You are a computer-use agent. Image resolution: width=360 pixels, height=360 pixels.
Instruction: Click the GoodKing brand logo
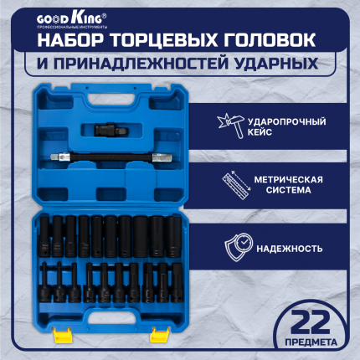72,20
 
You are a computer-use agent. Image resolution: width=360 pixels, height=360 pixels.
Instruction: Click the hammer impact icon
230,126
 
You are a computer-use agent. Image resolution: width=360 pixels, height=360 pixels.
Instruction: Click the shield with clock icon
239,247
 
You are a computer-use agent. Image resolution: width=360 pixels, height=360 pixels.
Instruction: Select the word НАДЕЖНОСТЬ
290,249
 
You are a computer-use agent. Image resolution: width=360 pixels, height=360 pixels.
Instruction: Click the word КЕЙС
260,132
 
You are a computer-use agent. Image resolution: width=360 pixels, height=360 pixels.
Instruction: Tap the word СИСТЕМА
288,190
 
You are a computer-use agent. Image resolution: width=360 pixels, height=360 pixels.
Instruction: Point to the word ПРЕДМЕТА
311,342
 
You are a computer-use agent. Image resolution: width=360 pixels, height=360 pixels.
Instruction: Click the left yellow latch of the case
63,335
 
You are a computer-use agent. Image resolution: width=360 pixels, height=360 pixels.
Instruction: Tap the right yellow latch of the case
160,335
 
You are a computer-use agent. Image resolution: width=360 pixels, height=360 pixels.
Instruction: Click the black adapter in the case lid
111,130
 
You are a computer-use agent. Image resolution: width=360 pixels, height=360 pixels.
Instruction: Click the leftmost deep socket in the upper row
44,236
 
